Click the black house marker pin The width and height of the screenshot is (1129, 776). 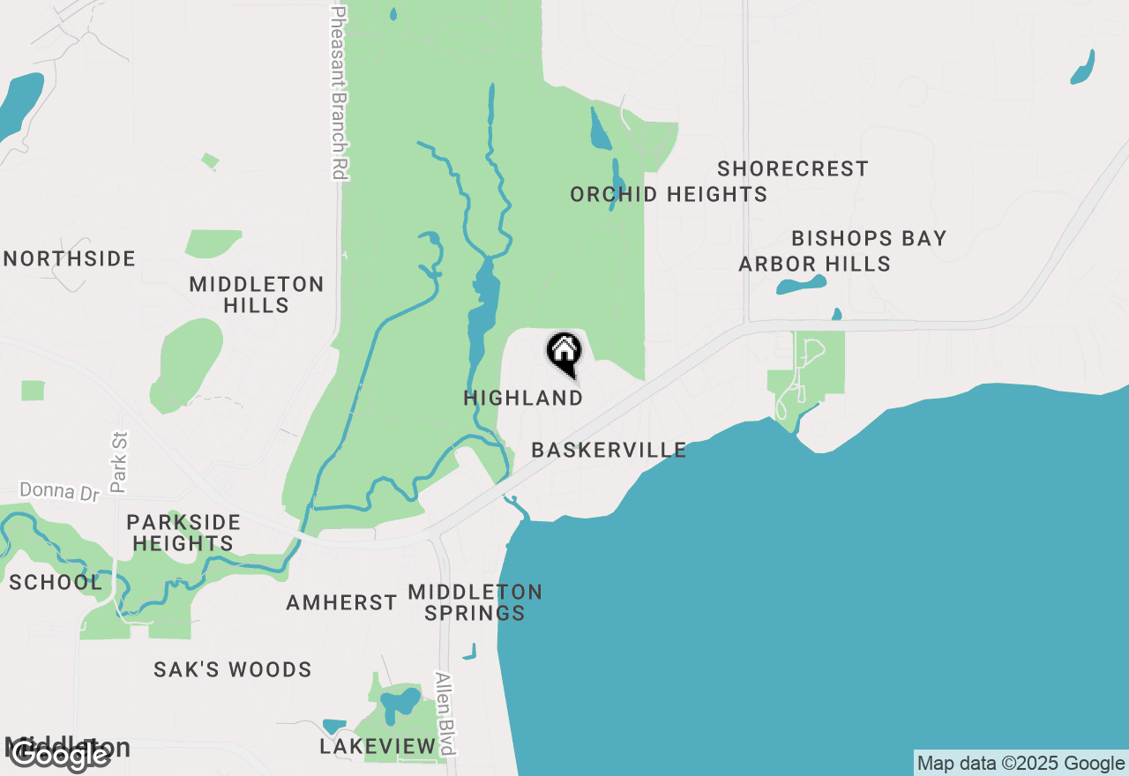point(564,353)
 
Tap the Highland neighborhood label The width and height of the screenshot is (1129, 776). point(523,399)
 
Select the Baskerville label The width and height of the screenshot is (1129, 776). point(609,450)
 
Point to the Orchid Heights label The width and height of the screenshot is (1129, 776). point(669,194)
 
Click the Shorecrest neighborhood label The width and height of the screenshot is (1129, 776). point(793,168)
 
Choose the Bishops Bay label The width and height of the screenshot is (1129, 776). point(869,238)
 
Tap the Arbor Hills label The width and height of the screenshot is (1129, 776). point(814,264)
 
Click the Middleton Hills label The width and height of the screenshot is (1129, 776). point(257,295)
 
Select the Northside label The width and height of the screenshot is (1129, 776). point(71,259)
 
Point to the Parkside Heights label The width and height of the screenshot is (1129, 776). point(183,533)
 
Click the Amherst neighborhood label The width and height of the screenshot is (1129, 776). point(341,603)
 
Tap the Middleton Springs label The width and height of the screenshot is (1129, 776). point(475,601)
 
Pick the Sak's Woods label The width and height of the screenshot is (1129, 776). point(233,670)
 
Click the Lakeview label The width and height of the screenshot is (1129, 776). point(378,747)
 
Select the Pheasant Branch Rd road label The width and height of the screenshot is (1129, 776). point(339,93)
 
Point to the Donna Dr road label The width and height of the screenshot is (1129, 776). point(61,491)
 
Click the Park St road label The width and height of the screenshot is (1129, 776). point(120,461)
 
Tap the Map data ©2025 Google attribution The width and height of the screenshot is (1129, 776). point(1021,764)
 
